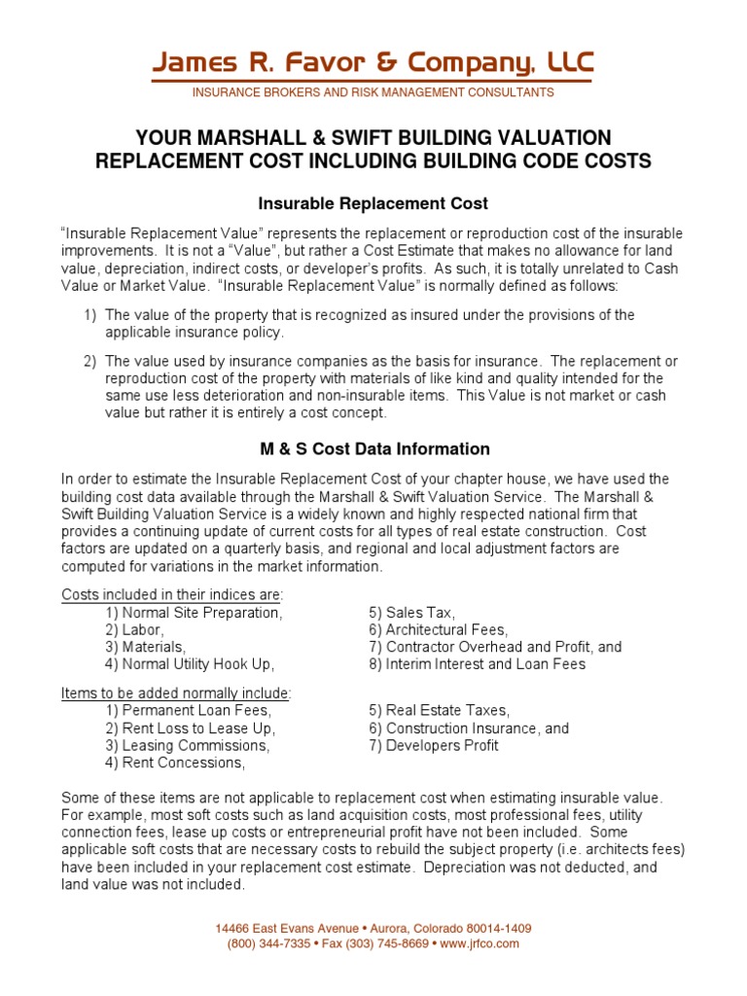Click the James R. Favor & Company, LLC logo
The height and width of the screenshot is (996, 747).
[x=373, y=64]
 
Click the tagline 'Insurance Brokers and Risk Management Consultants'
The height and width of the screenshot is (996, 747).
[x=373, y=92]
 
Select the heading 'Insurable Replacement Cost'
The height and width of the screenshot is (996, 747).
[x=373, y=203]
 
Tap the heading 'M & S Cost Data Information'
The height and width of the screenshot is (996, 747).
[x=373, y=449]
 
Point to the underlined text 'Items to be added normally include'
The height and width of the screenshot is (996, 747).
[x=176, y=693]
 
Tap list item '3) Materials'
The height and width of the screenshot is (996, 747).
[x=146, y=647]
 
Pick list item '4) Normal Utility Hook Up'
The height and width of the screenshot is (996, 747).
[x=191, y=664]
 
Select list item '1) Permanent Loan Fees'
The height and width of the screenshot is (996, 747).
[x=189, y=711]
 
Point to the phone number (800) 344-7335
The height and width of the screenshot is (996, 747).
[x=269, y=943]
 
